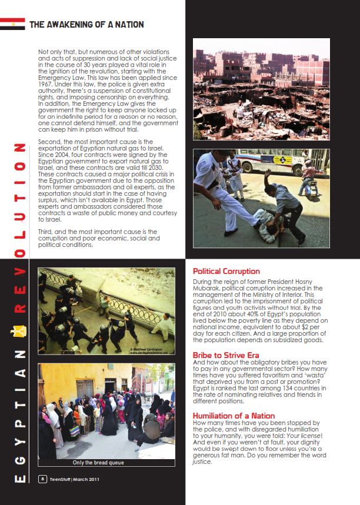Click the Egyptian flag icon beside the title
coord(12,24)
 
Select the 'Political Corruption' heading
coord(226,271)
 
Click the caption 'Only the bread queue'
coord(98,462)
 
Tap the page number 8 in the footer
coord(42,479)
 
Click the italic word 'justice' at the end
coord(202,461)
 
